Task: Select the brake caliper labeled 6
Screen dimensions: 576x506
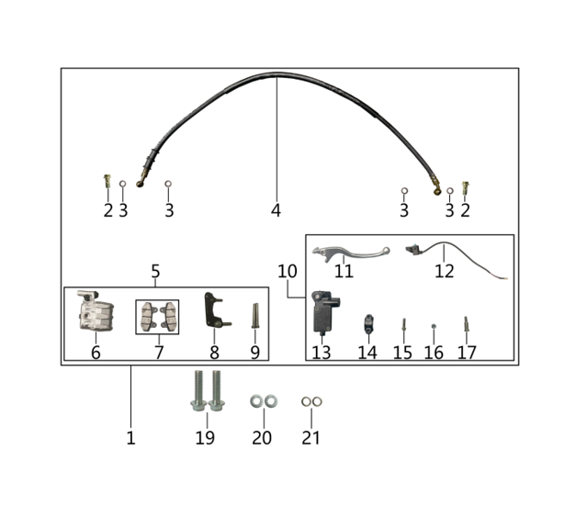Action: pos(96,311)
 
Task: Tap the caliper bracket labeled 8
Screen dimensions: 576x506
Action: pos(216,310)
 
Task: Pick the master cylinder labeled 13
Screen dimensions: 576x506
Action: pos(324,311)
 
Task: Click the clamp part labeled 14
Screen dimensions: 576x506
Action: pos(368,323)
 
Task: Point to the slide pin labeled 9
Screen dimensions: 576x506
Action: pos(255,315)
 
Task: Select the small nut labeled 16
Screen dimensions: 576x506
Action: pos(434,326)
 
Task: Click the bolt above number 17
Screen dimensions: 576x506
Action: pos(466,323)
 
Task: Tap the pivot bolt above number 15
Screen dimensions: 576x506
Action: pos(403,324)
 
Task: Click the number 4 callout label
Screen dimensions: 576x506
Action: pos(276,210)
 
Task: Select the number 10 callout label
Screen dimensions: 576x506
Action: pos(288,271)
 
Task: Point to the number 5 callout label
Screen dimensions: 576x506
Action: pos(155,271)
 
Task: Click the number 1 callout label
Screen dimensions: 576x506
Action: pos(130,438)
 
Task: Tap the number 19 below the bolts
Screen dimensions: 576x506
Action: pos(205,438)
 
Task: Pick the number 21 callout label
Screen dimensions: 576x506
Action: pos(311,438)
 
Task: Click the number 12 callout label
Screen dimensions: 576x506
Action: pos(445,271)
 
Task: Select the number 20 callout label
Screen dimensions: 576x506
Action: pos(262,438)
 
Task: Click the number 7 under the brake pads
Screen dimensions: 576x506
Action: pos(159,353)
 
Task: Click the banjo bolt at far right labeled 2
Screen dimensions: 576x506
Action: pos(466,188)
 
